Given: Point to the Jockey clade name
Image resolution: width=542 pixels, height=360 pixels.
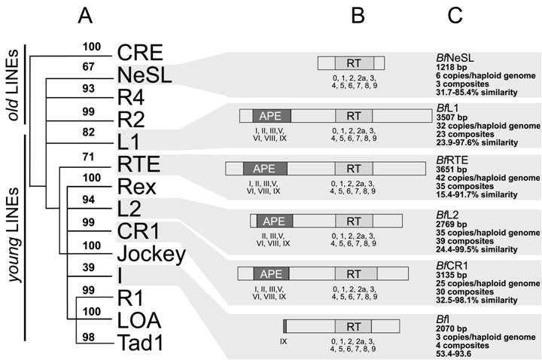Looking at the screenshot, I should pyautogui.click(x=151, y=254).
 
